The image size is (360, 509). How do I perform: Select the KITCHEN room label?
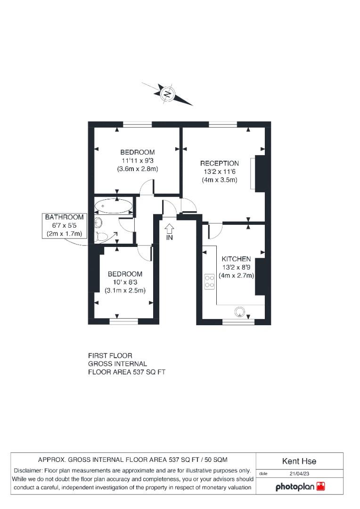pyautogui.click(x=236, y=259)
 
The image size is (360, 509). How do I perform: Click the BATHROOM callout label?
pyautogui.click(x=64, y=217)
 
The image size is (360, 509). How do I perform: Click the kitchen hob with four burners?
pyautogui.click(x=210, y=281)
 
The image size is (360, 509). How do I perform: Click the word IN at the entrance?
pyautogui.click(x=169, y=238)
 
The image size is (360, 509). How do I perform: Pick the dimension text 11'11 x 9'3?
pyautogui.click(x=137, y=160)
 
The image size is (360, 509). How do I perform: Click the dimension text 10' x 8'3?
pyautogui.click(x=125, y=282)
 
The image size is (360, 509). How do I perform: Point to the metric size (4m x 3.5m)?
pyautogui.click(x=219, y=180)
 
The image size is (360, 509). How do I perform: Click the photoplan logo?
pyautogui.click(x=300, y=486)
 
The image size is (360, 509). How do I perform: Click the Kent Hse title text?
pyautogui.click(x=299, y=461)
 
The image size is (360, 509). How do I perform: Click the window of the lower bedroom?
pyautogui.click(x=123, y=321)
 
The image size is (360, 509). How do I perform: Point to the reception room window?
pyautogui.click(x=223, y=124)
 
